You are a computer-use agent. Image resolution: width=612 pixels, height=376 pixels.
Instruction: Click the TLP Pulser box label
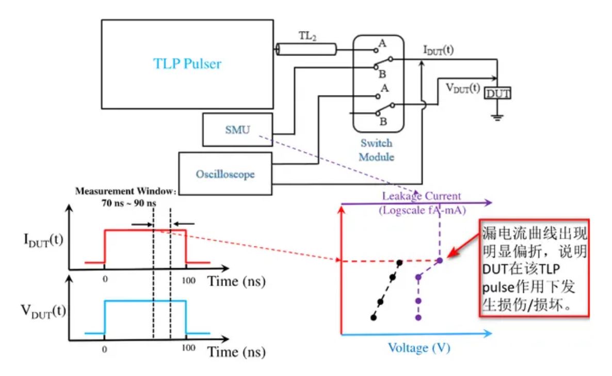[x=187, y=64]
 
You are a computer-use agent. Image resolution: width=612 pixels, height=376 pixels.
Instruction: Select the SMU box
[x=236, y=130]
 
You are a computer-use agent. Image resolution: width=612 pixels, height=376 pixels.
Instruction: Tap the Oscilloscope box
[x=224, y=174]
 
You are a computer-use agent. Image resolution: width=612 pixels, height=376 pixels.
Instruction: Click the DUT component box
[x=496, y=93]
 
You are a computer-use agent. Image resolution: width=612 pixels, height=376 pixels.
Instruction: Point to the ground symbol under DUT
[x=496, y=117]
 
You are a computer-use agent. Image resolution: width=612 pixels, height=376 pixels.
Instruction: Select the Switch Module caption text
[x=376, y=150]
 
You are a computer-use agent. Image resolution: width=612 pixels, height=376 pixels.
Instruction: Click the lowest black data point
[x=373, y=317]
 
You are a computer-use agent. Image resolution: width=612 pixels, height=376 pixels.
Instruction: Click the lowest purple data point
[x=418, y=317]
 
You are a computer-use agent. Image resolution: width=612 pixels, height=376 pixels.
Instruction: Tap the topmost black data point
[x=400, y=263]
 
